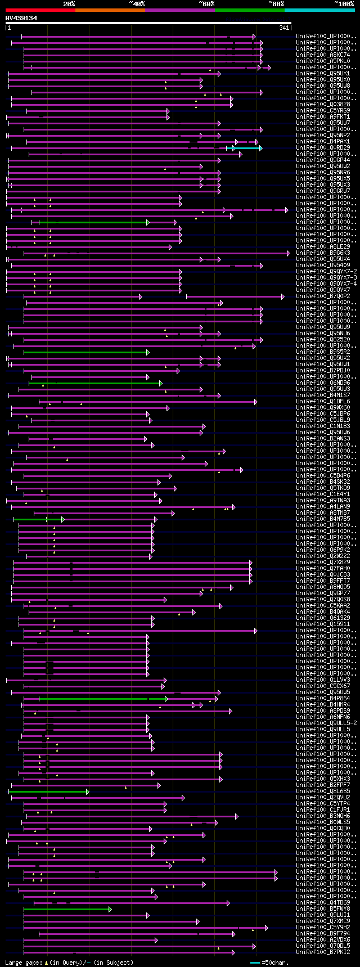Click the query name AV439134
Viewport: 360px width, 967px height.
coord(21,18)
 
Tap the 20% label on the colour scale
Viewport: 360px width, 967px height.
coord(69,4)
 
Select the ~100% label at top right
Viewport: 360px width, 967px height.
coord(344,4)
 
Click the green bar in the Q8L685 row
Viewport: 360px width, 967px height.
coord(48,791)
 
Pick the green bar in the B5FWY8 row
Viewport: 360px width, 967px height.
coord(67,909)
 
